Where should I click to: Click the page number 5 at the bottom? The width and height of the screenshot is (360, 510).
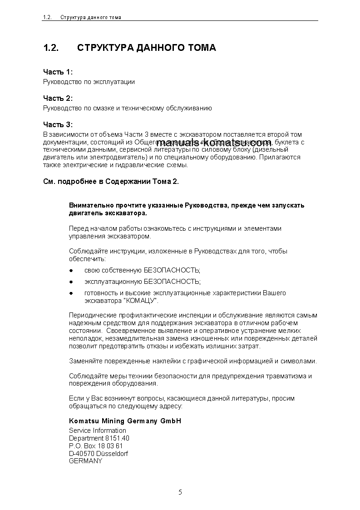(180, 492)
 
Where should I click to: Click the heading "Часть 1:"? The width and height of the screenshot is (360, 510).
(58, 72)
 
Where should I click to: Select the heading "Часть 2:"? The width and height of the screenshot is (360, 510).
(58, 99)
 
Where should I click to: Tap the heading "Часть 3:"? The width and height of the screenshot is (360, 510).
(58, 125)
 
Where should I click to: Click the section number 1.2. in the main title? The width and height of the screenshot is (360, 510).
(51, 48)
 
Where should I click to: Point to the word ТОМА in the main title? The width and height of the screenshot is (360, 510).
(201, 48)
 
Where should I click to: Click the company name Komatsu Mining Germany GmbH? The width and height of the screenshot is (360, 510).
(125, 421)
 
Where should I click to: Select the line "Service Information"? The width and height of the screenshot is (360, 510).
(98, 431)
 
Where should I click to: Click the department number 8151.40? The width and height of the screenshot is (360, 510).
(117, 438)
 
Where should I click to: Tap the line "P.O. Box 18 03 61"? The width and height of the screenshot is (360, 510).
(96, 446)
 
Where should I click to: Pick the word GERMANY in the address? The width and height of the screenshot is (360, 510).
(86, 461)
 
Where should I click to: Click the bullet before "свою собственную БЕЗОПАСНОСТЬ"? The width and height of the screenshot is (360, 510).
(71, 271)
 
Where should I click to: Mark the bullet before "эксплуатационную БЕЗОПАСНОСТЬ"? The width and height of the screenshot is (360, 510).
(71, 282)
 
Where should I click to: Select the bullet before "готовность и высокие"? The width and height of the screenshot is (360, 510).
(71, 293)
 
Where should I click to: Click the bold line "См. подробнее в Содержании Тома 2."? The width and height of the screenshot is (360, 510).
(111, 182)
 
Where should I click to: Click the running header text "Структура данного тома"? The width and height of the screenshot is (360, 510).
(91, 17)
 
